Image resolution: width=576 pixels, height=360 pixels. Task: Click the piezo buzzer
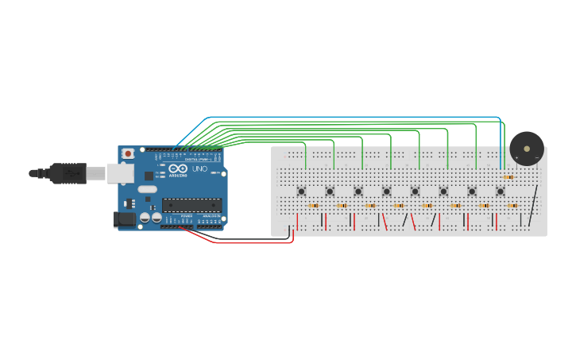(x=527, y=148)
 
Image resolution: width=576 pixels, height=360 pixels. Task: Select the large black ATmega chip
(x=191, y=205)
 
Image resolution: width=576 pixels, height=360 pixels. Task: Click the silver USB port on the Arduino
(x=120, y=172)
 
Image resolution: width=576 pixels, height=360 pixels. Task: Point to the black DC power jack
(x=124, y=219)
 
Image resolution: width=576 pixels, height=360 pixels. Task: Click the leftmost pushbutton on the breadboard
(x=301, y=191)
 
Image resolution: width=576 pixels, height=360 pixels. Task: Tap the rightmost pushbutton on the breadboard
(x=500, y=191)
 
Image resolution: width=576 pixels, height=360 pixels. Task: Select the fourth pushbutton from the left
(x=386, y=191)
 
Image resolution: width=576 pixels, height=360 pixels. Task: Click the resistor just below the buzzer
(x=508, y=177)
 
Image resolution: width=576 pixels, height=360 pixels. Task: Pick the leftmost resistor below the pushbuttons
(x=313, y=206)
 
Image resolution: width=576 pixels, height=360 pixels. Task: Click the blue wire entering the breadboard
(x=501, y=151)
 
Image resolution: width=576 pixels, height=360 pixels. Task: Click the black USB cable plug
(x=68, y=172)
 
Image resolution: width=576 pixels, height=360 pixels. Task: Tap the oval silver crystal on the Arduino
(x=147, y=189)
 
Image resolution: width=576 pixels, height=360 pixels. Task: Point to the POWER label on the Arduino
(x=186, y=215)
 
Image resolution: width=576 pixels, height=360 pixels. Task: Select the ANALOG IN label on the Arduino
(x=211, y=215)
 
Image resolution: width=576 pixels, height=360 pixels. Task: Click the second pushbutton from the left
(x=330, y=191)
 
